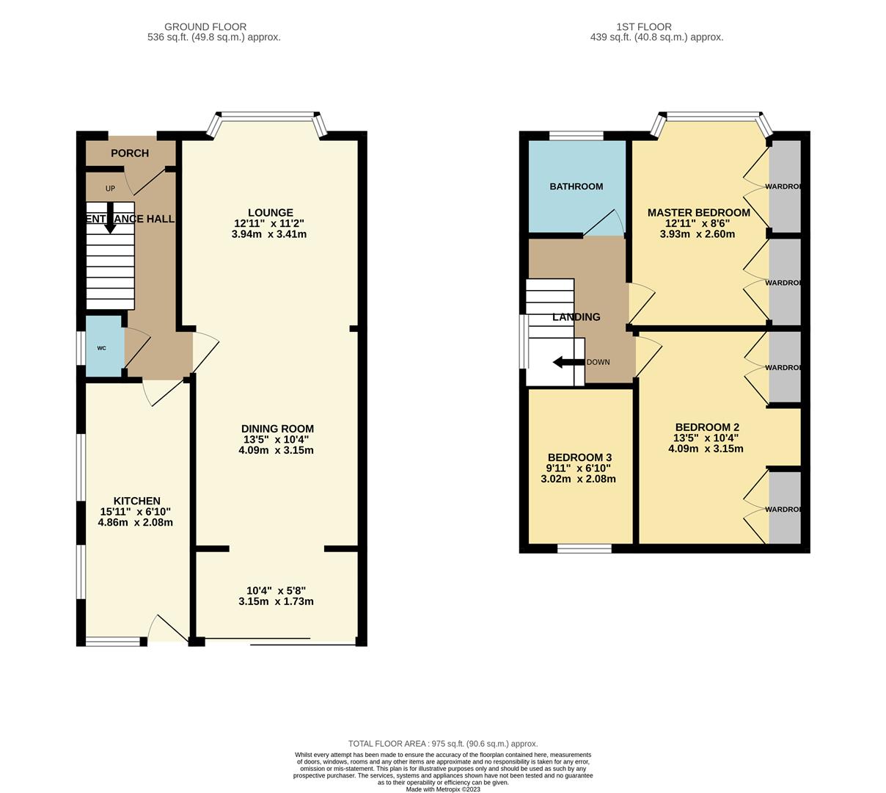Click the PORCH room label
click(x=130, y=153)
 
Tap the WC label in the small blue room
click(x=101, y=348)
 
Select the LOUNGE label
click(x=270, y=213)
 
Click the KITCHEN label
click(x=136, y=501)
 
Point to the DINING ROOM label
click(x=277, y=429)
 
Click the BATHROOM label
click(x=576, y=187)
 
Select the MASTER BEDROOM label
click(x=698, y=213)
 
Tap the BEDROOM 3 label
click(x=578, y=457)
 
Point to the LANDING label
click(x=576, y=317)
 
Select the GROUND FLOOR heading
click(x=205, y=27)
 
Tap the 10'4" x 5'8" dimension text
click(x=276, y=590)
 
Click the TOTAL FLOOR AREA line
click(x=443, y=744)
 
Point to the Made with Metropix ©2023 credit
click(x=443, y=789)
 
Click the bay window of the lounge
click(x=268, y=116)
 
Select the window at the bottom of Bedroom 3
click(x=585, y=548)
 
